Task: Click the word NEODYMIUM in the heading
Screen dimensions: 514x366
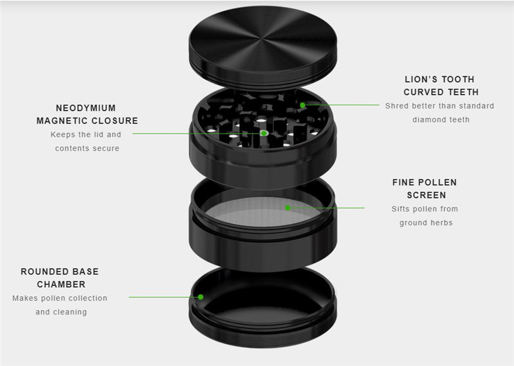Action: pyautogui.click(x=86, y=108)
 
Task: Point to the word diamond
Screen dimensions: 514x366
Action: pyautogui.click(x=427, y=119)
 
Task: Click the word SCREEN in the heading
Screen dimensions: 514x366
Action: pyautogui.click(x=427, y=195)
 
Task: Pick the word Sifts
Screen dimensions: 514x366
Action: pyautogui.click(x=400, y=209)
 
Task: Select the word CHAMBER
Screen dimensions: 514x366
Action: pyautogui.click(x=61, y=284)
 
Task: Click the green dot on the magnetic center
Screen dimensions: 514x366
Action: pyautogui.click(x=264, y=134)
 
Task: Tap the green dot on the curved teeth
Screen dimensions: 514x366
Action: pyautogui.click(x=303, y=105)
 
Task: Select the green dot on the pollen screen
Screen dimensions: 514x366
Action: pyautogui.click(x=287, y=208)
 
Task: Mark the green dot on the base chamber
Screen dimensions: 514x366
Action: pyautogui.click(x=200, y=297)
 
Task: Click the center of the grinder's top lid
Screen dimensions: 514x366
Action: pyautogui.click(x=263, y=39)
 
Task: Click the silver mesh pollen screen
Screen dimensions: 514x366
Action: pyautogui.click(x=262, y=211)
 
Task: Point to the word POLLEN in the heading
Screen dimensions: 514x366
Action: pyautogui.click(x=438, y=182)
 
